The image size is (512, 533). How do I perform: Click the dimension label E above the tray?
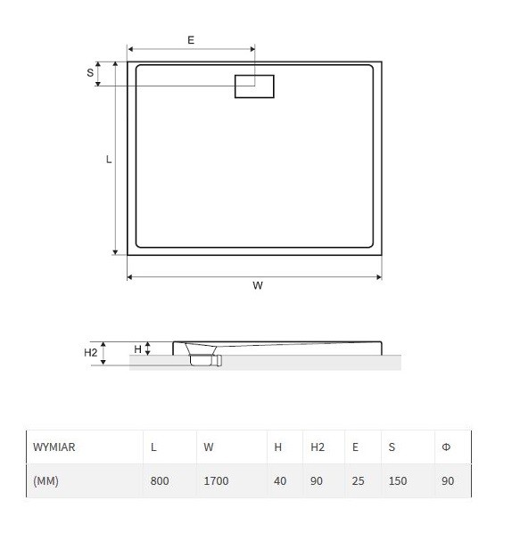point(191,40)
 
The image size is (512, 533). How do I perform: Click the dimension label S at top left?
point(90,73)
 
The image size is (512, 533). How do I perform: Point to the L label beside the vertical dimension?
point(109,159)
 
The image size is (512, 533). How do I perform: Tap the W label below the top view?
point(258,285)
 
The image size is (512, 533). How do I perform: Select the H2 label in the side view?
point(90,352)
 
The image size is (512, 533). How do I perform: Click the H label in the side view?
point(137,349)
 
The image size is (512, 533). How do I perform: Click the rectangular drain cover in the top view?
point(254,86)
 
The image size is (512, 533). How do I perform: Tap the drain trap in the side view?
point(203,355)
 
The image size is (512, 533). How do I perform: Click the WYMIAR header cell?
point(54,447)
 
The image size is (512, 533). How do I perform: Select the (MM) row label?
point(45,481)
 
